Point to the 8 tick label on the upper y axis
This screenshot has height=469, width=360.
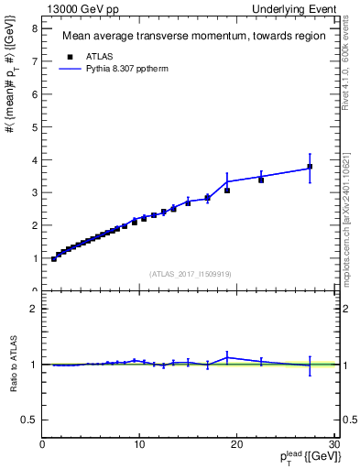(34, 28)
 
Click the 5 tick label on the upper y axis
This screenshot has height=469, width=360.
(34, 126)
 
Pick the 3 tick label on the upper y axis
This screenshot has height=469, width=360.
(34, 192)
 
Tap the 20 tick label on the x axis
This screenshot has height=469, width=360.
(236, 445)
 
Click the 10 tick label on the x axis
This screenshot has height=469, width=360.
(139, 445)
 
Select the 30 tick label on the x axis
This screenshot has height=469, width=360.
(333, 445)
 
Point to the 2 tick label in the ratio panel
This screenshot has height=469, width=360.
(34, 309)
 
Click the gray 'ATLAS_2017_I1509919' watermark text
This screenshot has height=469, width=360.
(189, 273)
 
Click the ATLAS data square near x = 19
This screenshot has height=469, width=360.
(227, 191)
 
